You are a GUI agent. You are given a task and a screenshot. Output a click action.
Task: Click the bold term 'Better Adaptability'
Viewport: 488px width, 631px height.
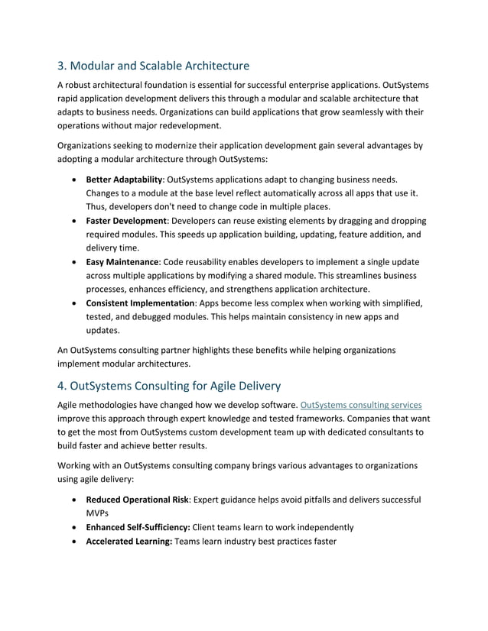[124, 179]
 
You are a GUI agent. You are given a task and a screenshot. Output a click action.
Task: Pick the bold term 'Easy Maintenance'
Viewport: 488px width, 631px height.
[122, 262]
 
